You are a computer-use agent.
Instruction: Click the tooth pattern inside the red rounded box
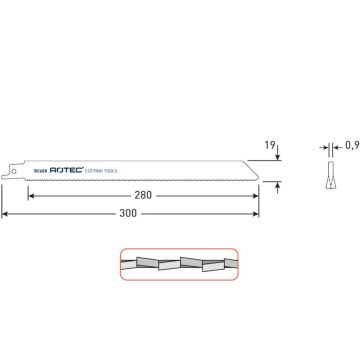tap(179, 267)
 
